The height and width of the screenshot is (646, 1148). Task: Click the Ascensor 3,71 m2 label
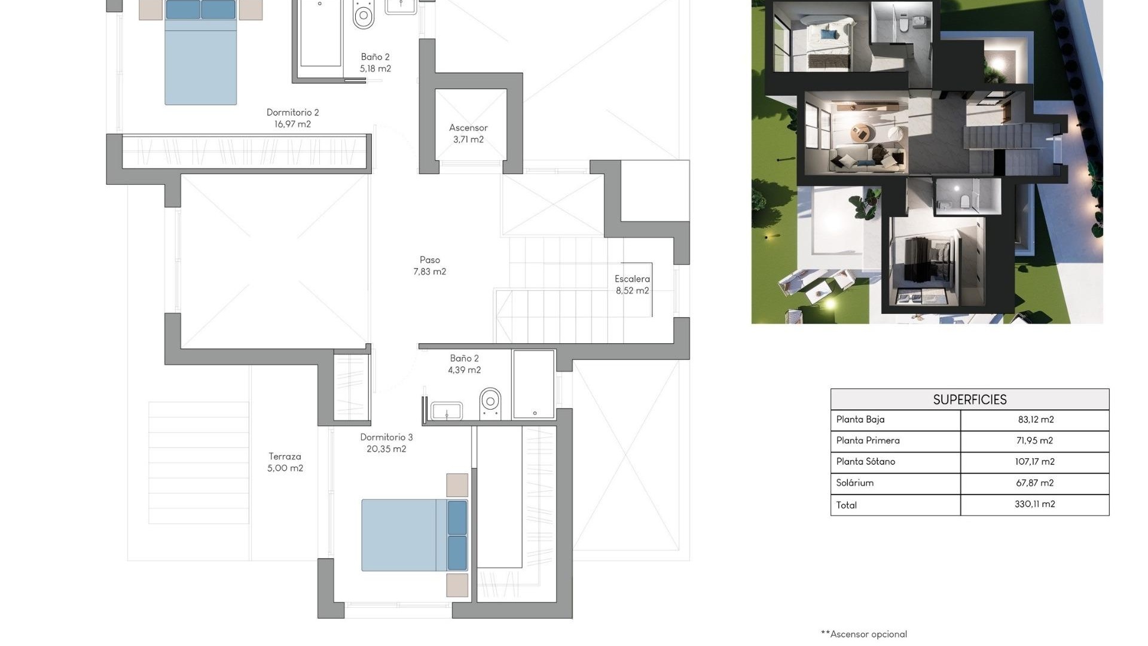[x=468, y=133]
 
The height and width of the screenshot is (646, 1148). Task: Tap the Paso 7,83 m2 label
[x=429, y=266]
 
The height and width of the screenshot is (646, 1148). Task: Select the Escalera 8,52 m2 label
[x=632, y=285]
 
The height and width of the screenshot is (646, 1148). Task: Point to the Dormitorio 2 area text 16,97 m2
[x=292, y=124]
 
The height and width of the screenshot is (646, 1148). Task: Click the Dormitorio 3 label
[x=386, y=437]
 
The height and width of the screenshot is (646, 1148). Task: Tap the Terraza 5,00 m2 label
[x=285, y=462]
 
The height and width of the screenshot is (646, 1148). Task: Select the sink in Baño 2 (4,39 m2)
[x=447, y=411]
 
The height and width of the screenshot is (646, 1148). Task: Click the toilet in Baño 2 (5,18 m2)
[x=364, y=15]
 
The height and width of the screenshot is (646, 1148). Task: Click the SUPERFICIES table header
[x=969, y=400]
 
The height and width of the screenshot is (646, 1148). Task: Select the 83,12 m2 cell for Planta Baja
[x=1035, y=420]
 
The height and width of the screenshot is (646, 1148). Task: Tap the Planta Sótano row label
[x=865, y=462]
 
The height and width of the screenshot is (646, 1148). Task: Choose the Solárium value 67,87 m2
[x=1035, y=483]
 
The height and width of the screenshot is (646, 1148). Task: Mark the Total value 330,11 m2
[x=1035, y=504]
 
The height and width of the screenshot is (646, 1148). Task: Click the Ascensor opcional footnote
[x=864, y=634]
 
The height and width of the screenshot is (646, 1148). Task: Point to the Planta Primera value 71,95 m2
[x=1035, y=441]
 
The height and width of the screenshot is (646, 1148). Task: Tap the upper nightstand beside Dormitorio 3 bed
[x=457, y=485]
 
